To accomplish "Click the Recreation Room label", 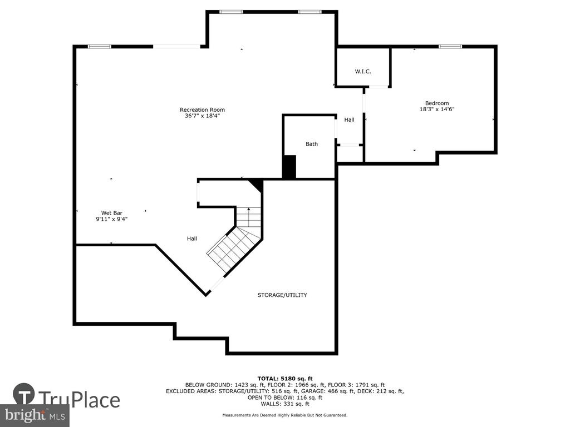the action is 202,110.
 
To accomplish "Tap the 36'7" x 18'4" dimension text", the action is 203,116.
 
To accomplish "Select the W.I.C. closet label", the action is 363,72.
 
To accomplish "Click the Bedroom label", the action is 437,103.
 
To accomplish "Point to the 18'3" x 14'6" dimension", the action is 437,109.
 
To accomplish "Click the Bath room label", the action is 312,144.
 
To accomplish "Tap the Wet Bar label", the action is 111,213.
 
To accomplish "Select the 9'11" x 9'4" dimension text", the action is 111,219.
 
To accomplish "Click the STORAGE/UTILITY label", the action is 282,295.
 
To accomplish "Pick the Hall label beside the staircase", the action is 192,239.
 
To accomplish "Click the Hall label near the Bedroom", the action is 350,120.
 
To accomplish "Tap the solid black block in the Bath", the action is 289,167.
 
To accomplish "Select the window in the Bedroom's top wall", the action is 450,47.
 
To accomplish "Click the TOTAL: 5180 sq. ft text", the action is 285,379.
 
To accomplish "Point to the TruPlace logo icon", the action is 24,394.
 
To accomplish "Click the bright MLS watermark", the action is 35,415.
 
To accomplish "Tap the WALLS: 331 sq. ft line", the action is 285,404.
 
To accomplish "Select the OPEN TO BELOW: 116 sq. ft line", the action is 285,398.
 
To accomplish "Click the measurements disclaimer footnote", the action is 285,415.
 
